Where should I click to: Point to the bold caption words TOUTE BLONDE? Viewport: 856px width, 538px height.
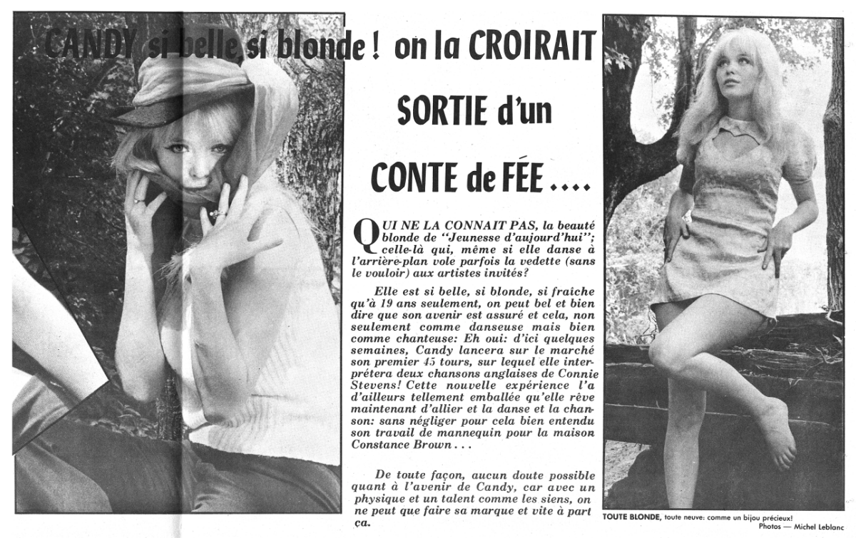[627, 518]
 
